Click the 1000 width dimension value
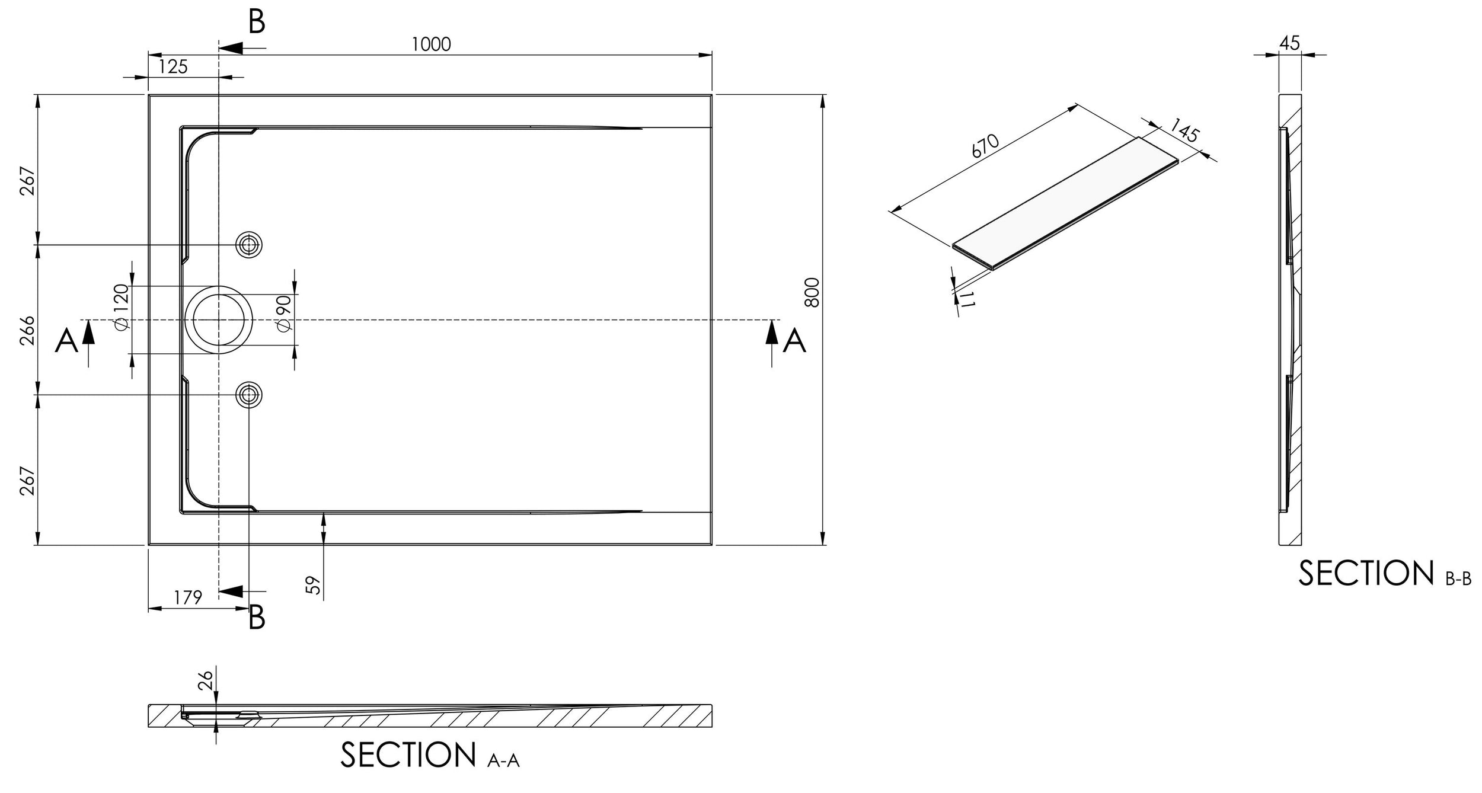431,44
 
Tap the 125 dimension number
173,66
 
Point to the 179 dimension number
189,597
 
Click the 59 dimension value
315,585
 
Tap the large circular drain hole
219,319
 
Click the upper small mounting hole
249,245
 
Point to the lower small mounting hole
249,394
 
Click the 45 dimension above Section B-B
1290,43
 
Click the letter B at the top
256,22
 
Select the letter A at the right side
794,341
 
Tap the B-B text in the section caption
1458,579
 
